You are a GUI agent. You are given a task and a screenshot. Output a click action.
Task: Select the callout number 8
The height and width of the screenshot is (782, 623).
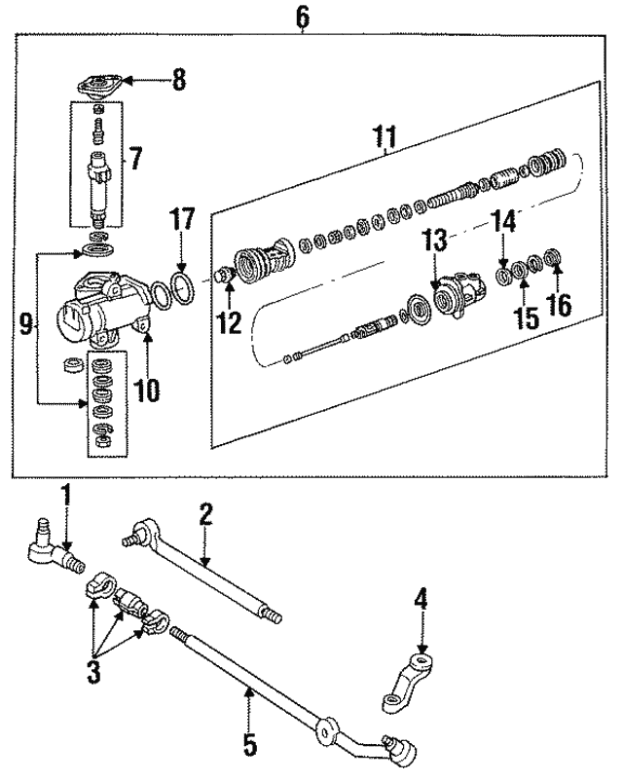(x=178, y=80)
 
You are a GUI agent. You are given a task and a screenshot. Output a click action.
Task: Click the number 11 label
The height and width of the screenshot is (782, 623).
(x=386, y=136)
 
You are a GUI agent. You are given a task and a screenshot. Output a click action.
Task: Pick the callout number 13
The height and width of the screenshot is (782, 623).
(x=435, y=241)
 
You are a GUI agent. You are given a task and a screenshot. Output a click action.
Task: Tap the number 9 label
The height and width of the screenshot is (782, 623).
(x=27, y=324)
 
